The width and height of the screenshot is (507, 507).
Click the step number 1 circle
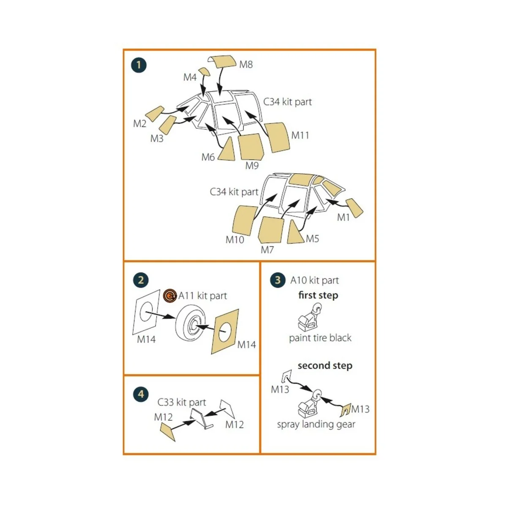[x=139, y=65]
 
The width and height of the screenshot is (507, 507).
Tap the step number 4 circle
[x=141, y=394]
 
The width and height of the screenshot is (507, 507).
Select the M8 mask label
[x=246, y=65]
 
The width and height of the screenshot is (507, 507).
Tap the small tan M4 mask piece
[x=204, y=71]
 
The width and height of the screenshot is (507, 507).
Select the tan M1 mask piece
[x=354, y=208]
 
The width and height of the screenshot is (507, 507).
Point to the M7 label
[x=267, y=249]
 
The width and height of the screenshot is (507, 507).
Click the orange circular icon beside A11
[x=170, y=296]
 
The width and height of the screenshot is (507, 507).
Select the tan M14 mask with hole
[x=225, y=332]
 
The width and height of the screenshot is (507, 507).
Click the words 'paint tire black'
[x=320, y=338]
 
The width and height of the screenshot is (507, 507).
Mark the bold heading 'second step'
[x=325, y=366]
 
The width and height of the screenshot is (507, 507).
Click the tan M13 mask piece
[x=346, y=410]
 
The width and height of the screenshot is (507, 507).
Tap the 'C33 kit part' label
[x=182, y=402]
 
